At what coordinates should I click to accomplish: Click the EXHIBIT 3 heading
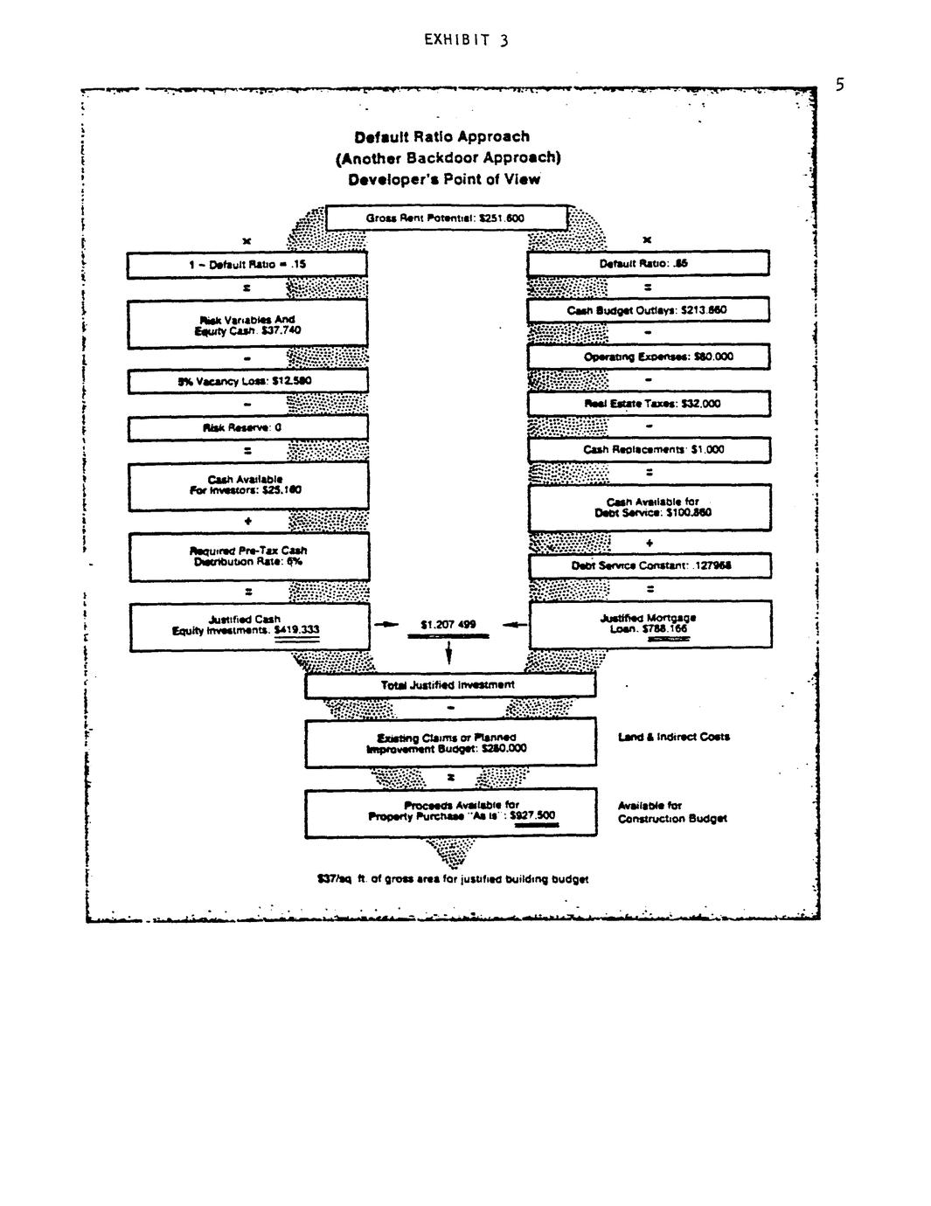coord(466,40)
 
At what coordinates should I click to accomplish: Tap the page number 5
coord(839,85)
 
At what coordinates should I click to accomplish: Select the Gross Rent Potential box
coord(446,218)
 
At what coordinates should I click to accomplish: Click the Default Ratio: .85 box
coord(648,263)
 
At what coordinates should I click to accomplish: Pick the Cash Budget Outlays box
coord(648,310)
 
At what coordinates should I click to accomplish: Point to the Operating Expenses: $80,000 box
coord(648,357)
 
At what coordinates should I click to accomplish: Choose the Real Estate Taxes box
coord(648,404)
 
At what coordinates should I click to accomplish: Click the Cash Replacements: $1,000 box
coord(648,450)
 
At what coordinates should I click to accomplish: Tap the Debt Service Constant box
coord(648,565)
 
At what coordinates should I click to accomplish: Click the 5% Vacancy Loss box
coord(247,381)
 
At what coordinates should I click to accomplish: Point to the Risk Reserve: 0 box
coord(247,428)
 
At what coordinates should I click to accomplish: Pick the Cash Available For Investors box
coord(247,485)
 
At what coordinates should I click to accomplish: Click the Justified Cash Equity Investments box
coord(248,626)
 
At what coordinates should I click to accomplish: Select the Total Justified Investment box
coord(449,685)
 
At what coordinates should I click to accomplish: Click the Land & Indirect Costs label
coord(673,737)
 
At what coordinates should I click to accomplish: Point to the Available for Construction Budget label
coord(671,812)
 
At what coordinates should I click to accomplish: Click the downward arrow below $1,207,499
coord(448,652)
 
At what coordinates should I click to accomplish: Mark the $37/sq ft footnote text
coord(453,879)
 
